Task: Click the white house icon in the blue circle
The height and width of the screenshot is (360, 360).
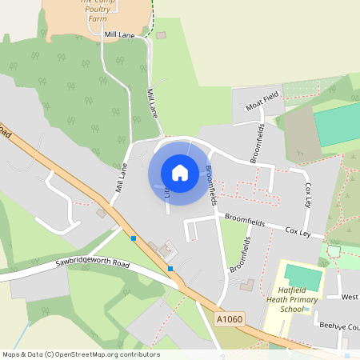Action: click(x=180, y=173)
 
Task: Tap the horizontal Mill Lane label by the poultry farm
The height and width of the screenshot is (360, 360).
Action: click(x=120, y=36)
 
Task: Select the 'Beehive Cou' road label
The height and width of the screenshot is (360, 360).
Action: click(x=338, y=326)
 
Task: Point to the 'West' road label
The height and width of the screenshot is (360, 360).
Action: click(x=349, y=298)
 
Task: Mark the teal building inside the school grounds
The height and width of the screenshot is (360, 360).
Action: click(x=303, y=278)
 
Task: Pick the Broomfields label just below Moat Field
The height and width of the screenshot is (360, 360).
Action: click(x=258, y=143)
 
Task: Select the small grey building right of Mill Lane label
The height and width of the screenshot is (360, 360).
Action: click(x=161, y=35)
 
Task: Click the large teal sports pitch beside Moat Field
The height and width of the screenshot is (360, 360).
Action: click(x=337, y=122)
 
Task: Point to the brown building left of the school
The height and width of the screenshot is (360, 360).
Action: click(x=246, y=285)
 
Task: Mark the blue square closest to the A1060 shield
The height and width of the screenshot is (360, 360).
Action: click(x=170, y=269)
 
